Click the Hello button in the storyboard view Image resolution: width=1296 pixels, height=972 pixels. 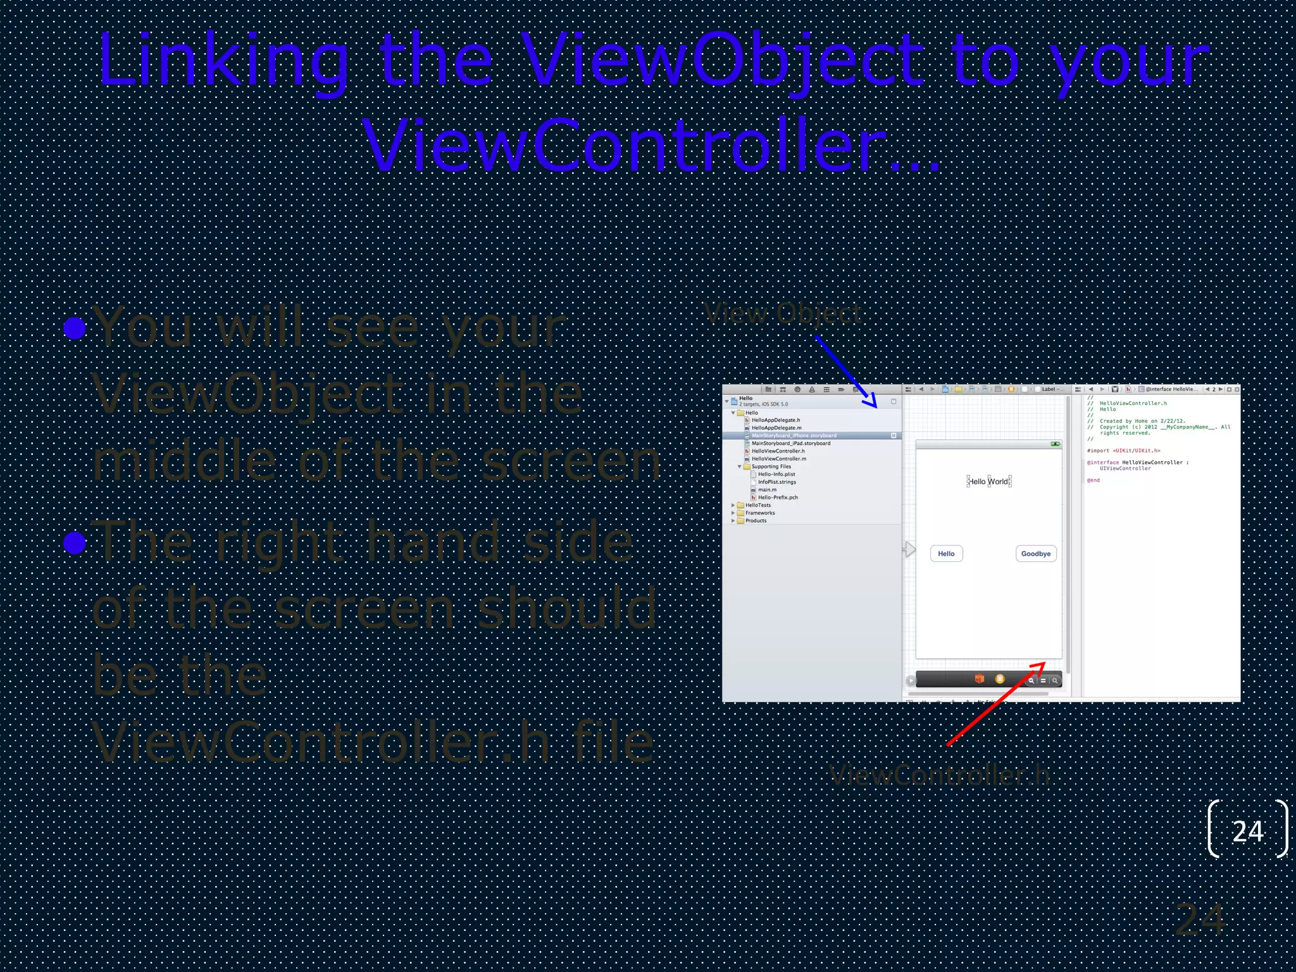tap(946, 554)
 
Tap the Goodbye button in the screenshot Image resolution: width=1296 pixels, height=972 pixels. tap(1035, 554)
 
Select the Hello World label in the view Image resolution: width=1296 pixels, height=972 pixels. tap(988, 482)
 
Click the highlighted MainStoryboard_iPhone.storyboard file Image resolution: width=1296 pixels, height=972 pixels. tap(794, 435)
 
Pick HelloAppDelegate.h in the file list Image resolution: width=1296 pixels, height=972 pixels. tap(775, 420)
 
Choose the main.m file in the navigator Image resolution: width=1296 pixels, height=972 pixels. tap(767, 490)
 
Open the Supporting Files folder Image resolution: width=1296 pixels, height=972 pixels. tap(771, 466)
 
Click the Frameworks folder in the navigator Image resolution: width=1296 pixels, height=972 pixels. tap(759, 513)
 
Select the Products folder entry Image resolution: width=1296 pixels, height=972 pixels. tap(756, 521)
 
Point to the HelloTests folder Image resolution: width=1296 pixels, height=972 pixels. tap(757, 505)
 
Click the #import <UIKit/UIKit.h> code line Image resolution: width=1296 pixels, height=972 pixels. tap(1123, 451)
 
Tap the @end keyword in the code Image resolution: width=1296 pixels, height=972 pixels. tap(1093, 480)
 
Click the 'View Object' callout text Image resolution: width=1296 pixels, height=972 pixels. tap(783, 313)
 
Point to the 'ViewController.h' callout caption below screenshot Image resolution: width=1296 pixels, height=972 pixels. tap(939, 775)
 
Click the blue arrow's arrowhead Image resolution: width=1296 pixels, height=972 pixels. tap(871, 402)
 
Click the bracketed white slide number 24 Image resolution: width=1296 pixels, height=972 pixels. tap(1247, 831)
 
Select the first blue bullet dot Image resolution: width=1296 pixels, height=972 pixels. tap(75, 328)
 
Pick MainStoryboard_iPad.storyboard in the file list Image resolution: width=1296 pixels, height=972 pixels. tap(790, 443)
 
